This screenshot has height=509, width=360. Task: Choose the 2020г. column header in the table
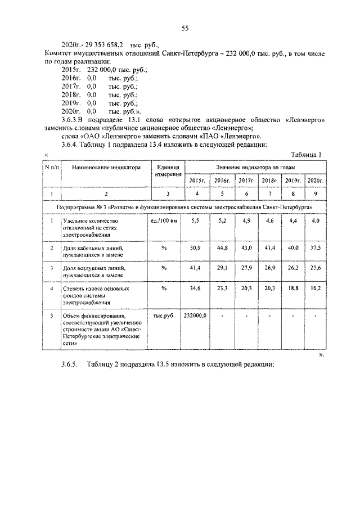tap(316, 180)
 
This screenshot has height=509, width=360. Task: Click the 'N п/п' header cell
tap(52, 166)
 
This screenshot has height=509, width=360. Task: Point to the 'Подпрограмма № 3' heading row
tap(184, 207)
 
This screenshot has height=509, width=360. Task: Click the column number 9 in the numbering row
tap(316, 193)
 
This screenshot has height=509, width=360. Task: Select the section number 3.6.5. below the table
tap(71, 364)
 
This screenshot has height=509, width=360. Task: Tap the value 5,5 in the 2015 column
tap(196, 221)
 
